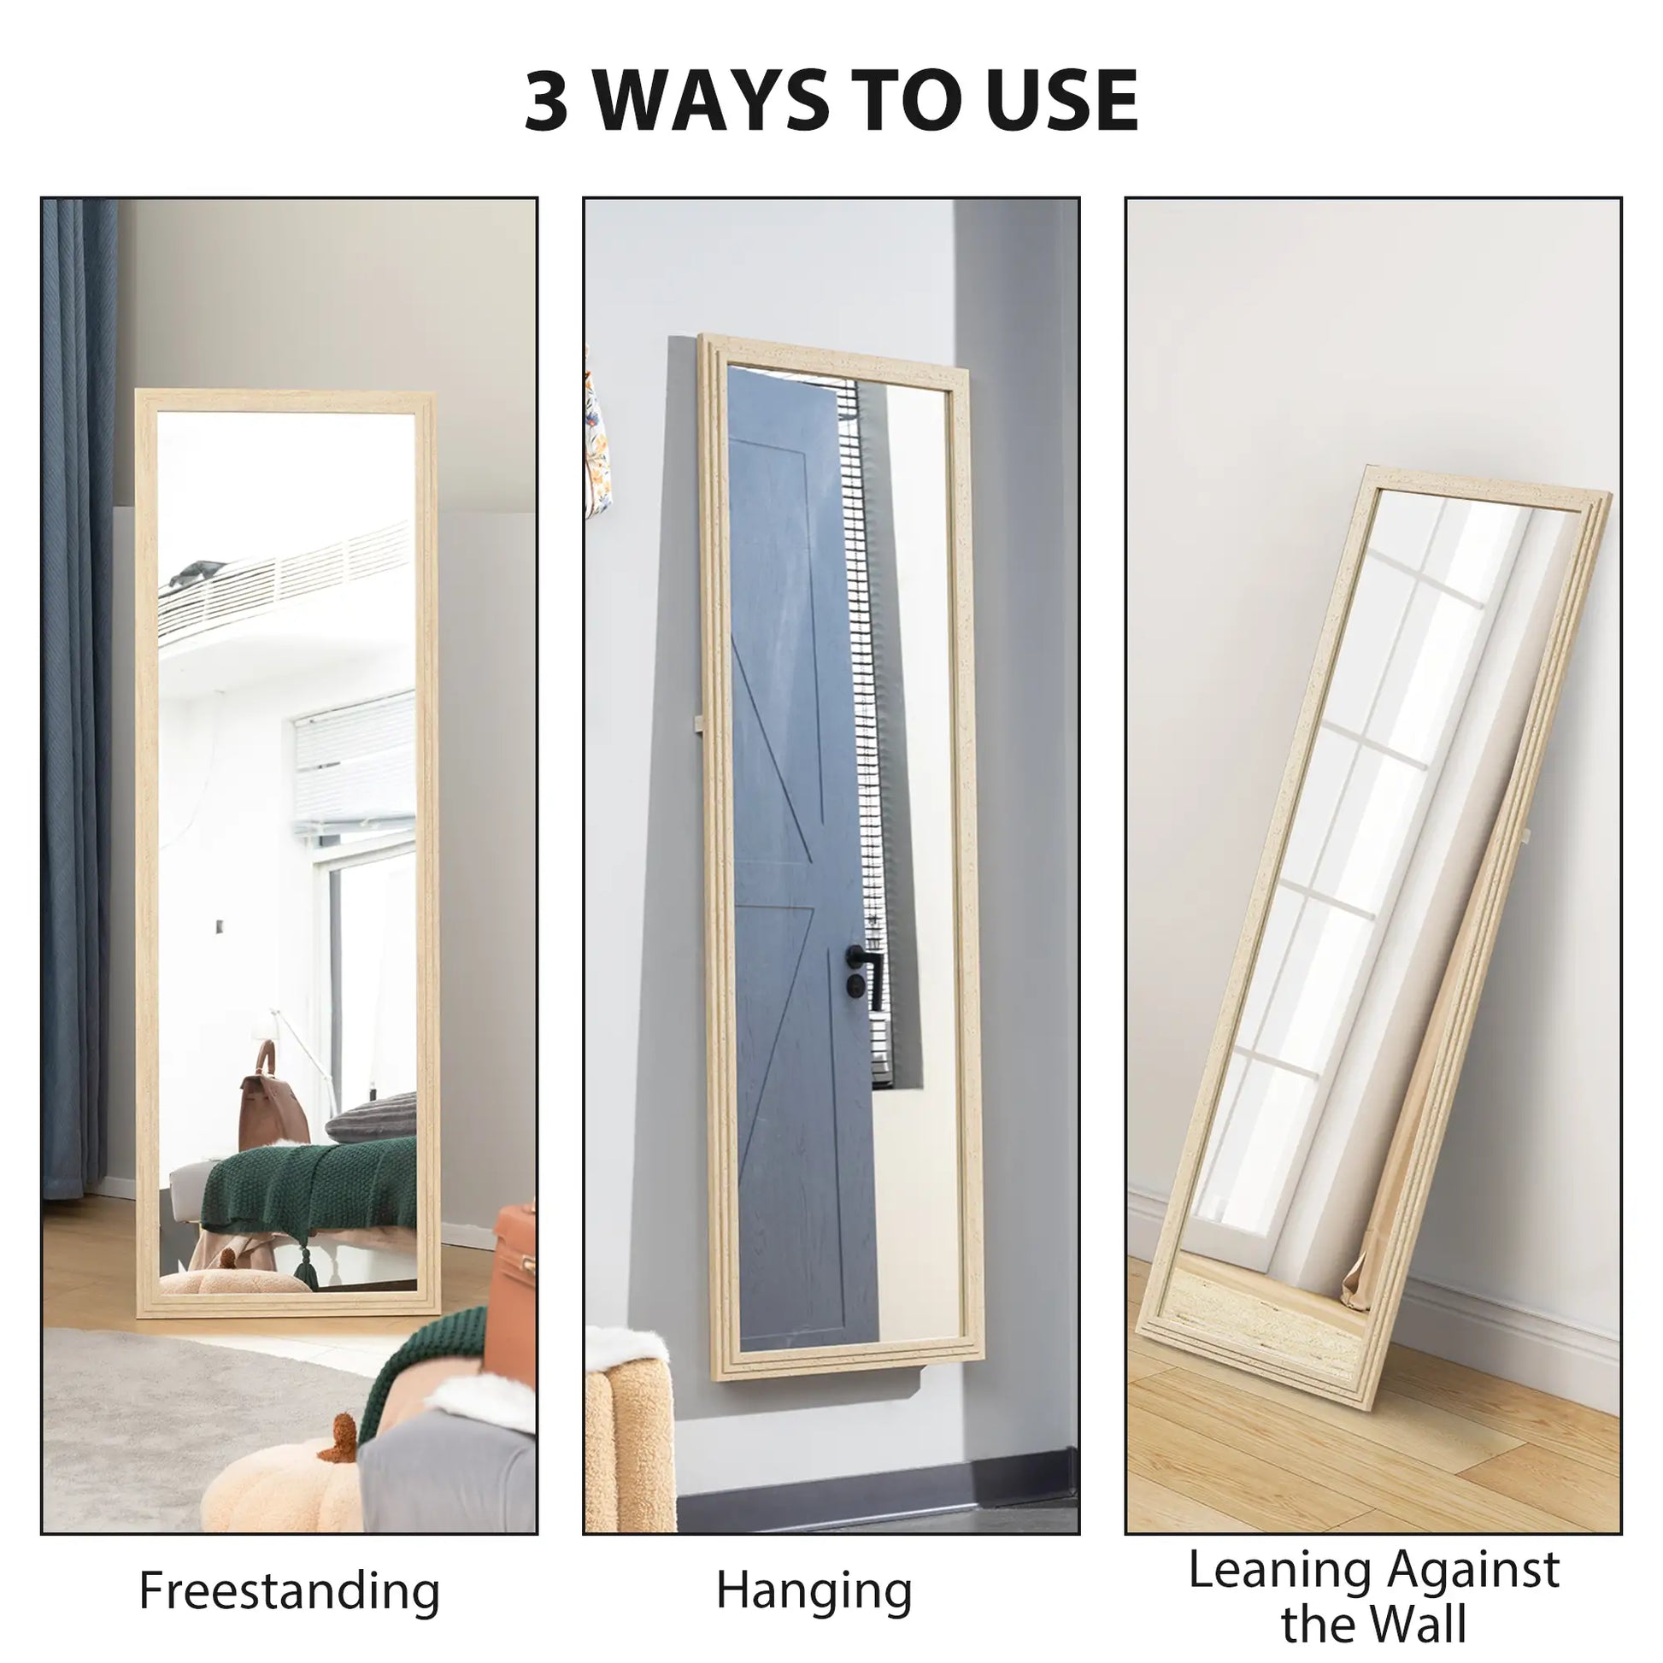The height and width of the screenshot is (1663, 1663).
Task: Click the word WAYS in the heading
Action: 712,101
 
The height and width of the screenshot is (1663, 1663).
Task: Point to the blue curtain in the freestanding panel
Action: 78,689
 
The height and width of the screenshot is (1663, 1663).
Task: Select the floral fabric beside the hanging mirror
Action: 597,448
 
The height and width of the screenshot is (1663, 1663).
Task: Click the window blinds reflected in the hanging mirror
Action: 865,689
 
